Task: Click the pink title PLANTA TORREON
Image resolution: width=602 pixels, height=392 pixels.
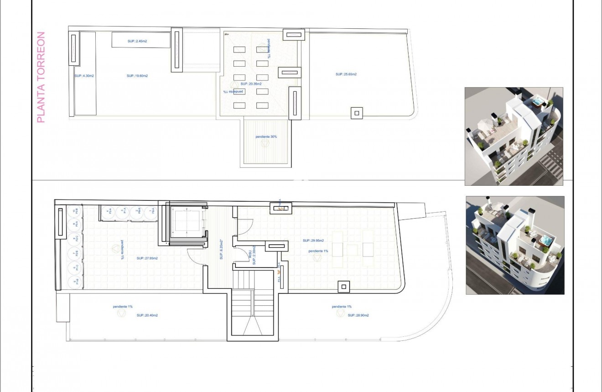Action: [41, 77]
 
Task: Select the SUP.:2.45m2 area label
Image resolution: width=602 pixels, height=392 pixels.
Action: [137, 42]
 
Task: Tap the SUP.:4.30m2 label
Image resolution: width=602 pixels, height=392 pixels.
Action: [84, 76]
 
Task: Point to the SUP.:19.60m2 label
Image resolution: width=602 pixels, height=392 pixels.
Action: [137, 76]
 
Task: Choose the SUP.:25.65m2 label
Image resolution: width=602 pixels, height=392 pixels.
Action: [346, 74]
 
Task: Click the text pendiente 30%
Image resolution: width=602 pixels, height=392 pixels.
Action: [266, 136]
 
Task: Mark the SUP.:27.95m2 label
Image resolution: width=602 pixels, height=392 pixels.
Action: [147, 258]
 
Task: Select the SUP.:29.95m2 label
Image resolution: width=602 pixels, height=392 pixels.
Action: [313, 240]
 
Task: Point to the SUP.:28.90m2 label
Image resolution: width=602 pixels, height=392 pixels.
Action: [358, 315]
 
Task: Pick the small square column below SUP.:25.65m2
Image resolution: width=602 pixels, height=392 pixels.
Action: [357, 112]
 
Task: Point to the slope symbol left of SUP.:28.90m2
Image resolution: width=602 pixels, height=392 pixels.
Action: [340, 314]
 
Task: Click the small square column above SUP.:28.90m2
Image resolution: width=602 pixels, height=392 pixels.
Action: [344, 287]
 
